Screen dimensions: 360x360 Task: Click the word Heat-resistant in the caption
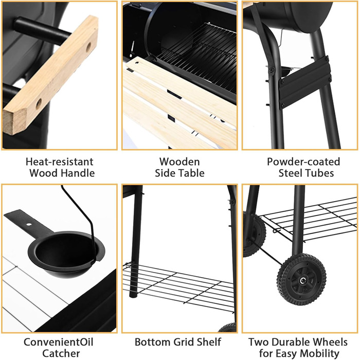click(60, 161)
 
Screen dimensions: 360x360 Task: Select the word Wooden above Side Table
click(179, 161)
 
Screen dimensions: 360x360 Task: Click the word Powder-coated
click(303, 161)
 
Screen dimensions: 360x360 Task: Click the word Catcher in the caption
click(61, 353)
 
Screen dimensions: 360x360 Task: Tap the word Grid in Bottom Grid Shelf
click(183, 342)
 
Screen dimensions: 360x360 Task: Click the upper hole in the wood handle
click(88, 47)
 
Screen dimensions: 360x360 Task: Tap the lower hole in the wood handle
click(39, 104)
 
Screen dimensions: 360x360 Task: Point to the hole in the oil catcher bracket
click(28, 224)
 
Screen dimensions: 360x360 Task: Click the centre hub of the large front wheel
click(303, 280)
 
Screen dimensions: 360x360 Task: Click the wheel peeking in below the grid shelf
click(228, 328)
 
